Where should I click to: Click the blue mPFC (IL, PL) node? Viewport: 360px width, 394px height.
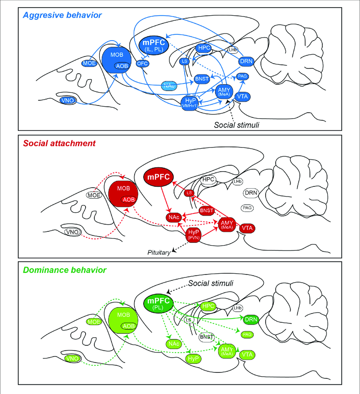point(154,45)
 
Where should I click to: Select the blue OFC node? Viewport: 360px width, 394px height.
point(141,64)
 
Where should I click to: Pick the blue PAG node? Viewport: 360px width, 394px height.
point(243,76)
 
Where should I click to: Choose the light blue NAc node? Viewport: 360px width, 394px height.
point(169,86)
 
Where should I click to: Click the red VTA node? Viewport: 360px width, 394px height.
point(247,228)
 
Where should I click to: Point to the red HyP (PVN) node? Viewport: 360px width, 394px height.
point(193,234)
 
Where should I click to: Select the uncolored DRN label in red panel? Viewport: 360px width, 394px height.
point(251,193)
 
